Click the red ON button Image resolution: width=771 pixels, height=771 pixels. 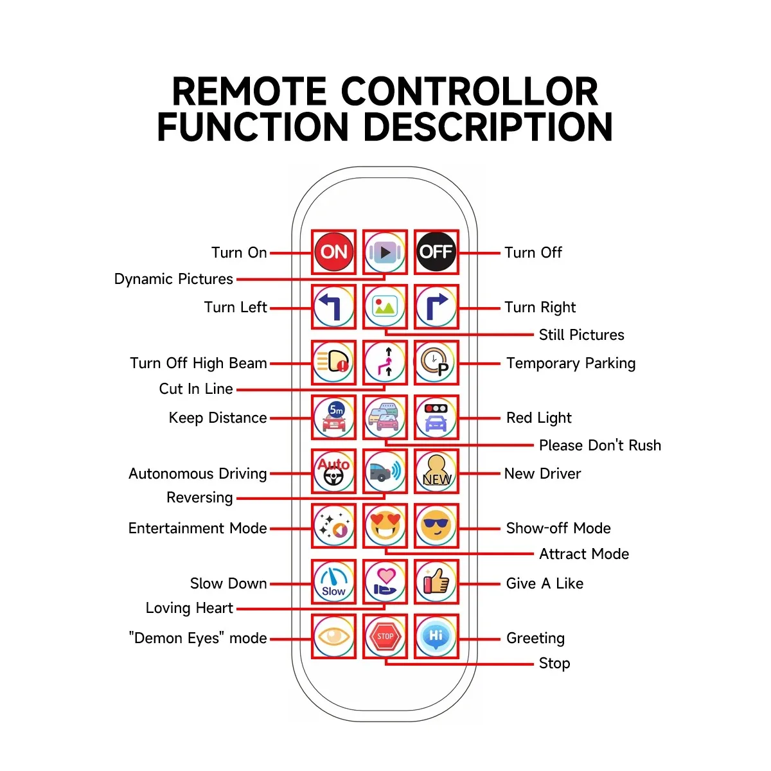coord(333,252)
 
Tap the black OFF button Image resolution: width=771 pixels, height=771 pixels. coord(436,252)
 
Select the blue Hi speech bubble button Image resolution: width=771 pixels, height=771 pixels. coord(436,636)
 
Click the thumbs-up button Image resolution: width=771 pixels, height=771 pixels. coord(436,581)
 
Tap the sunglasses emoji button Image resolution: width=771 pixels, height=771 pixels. coord(436,526)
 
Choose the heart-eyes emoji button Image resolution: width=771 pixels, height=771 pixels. coord(385,526)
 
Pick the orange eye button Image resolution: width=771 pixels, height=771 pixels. coord(333,636)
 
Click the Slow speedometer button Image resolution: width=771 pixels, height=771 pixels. coord(333,581)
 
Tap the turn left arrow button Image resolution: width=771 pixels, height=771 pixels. coord(333,306)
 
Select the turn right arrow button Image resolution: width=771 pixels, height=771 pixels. coord(436,306)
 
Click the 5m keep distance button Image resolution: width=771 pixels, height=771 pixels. coord(333,417)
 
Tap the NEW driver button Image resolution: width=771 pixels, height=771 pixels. coord(436,472)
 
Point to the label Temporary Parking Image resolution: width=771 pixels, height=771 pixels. coord(571,363)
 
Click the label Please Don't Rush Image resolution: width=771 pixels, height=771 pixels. coord(599,445)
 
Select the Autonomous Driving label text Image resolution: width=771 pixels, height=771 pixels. coord(197,474)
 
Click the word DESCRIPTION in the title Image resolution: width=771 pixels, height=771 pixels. coord(488,127)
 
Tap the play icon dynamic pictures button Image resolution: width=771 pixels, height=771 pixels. coord(385,252)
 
